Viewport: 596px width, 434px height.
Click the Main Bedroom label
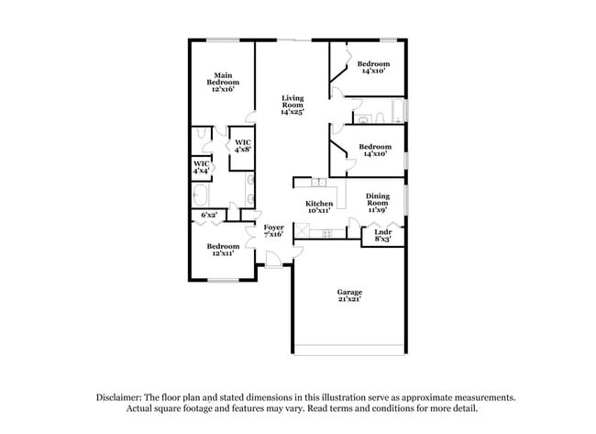click(x=222, y=82)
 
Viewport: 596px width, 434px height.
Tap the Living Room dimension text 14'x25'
click(x=292, y=112)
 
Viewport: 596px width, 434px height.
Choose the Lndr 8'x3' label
click(x=382, y=236)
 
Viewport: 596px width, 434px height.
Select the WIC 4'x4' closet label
click(x=201, y=167)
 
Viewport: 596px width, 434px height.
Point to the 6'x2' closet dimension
click(x=209, y=216)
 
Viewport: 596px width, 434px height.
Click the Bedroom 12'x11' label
click(x=222, y=250)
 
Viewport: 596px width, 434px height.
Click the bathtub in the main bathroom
click(x=202, y=195)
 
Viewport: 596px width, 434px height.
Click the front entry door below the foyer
click(x=272, y=266)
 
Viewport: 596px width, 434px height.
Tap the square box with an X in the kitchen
click(x=301, y=231)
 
